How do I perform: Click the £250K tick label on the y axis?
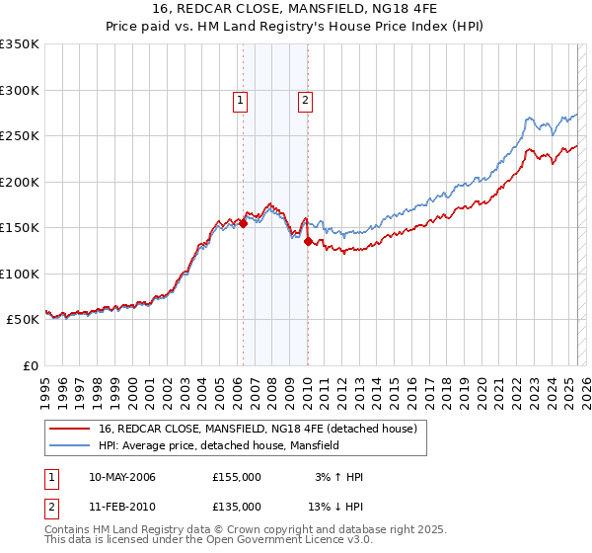coord(20,136)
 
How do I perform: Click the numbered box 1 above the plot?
coord(242,99)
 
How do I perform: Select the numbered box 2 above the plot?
coord(306,99)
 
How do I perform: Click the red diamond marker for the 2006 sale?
coord(243,224)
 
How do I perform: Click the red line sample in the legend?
coord(70,430)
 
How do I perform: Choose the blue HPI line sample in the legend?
coord(70,445)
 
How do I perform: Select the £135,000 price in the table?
coord(237,507)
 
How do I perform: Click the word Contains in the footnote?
coord(67,531)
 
